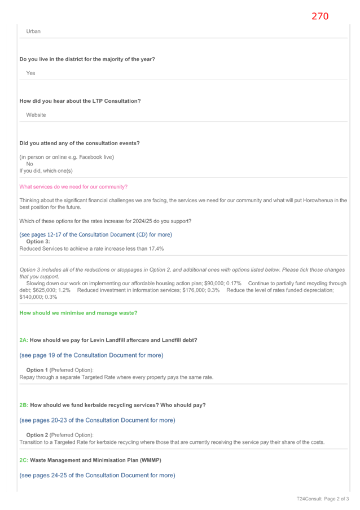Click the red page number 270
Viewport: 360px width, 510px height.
[320, 16]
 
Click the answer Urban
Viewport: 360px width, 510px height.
[33, 31]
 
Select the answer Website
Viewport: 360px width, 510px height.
[36, 115]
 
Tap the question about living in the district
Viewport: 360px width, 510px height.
[87, 59]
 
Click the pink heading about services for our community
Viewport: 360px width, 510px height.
[73, 187]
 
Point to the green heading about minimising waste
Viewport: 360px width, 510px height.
[78, 313]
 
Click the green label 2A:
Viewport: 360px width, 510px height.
[24, 340]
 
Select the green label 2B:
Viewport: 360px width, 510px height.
[24, 406]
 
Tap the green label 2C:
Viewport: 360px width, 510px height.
[24, 460]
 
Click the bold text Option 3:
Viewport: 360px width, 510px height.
[38, 241]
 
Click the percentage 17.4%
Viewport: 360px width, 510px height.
[156, 249]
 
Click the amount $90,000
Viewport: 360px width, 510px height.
[214, 284]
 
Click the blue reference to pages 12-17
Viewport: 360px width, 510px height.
[96, 234]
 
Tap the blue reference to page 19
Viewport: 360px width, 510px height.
[91, 355]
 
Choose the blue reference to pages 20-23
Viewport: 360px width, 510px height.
[97, 420]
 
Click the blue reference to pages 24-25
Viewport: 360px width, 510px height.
[97, 475]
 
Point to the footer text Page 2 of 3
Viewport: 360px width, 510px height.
[336, 499]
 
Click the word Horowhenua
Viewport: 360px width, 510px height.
[321, 200]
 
